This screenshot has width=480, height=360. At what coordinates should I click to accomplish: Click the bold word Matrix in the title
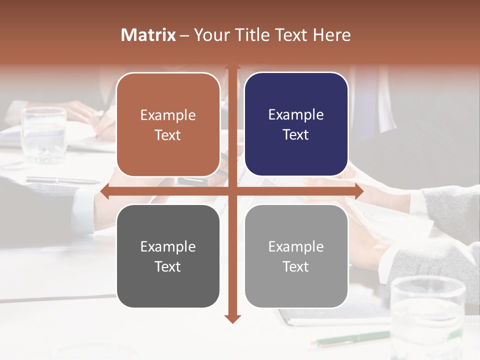148,35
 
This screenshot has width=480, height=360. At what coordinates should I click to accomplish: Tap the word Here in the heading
331,35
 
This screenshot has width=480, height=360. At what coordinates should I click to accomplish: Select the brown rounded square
168,124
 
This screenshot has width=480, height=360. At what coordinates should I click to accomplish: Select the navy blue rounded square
296,124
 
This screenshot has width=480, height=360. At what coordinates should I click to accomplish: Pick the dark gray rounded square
168,256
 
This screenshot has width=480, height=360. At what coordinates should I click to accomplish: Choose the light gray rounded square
296,256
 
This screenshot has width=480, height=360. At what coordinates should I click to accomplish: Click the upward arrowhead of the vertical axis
232,66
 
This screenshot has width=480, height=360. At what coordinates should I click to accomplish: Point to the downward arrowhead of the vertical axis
232,318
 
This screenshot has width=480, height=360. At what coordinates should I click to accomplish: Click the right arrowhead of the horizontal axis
358,191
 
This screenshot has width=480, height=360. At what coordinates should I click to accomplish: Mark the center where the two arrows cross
232,191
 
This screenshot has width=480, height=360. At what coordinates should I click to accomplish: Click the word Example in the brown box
168,115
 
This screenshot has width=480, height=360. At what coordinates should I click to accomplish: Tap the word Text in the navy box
296,135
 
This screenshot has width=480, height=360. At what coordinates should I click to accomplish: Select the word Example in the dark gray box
168,247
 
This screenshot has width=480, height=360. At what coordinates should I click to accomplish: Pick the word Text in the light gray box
296,266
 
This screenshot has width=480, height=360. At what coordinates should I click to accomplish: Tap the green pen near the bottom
350,338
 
